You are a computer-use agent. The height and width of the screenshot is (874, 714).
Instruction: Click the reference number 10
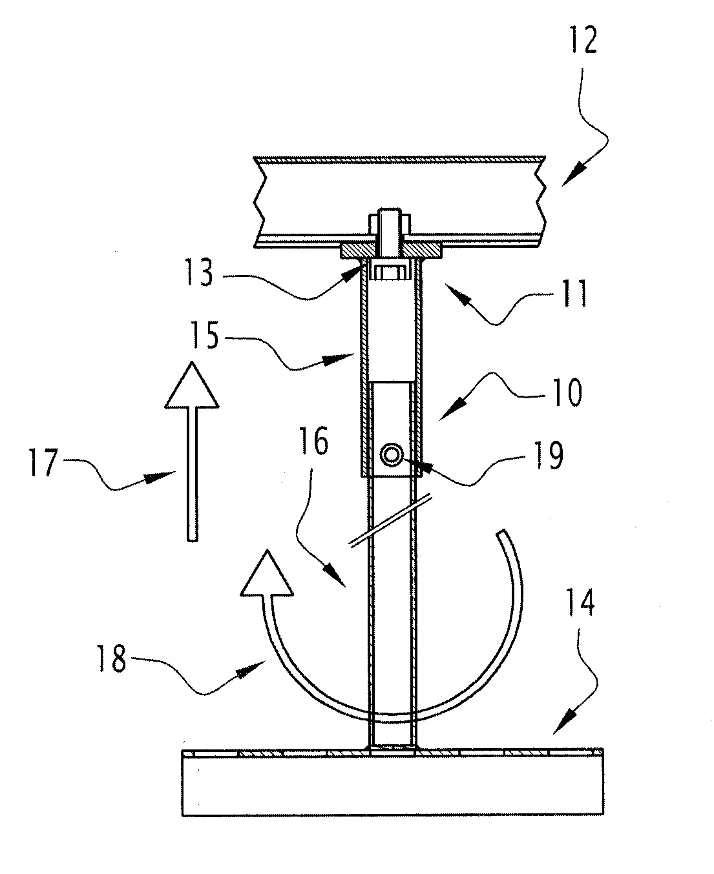[x=565, y=392]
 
